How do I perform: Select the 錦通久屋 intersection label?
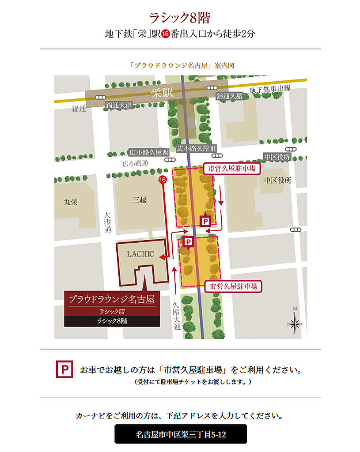pos(230,96)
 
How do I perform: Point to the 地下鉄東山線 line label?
pos(270,88)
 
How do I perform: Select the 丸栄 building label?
pos(71,202)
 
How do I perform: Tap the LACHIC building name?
pos(140,254)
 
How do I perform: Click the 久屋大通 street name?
pos(177,315)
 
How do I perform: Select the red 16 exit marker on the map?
pos(163,180)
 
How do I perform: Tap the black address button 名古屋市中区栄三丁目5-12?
pos(181,434)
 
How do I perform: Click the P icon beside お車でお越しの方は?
pos(64,369)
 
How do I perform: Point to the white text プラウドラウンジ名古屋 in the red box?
pos(112,300)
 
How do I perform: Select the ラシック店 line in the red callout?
pos(112,312)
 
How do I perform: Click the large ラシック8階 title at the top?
pos(180,18)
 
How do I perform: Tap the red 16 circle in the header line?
pos(165,34)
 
